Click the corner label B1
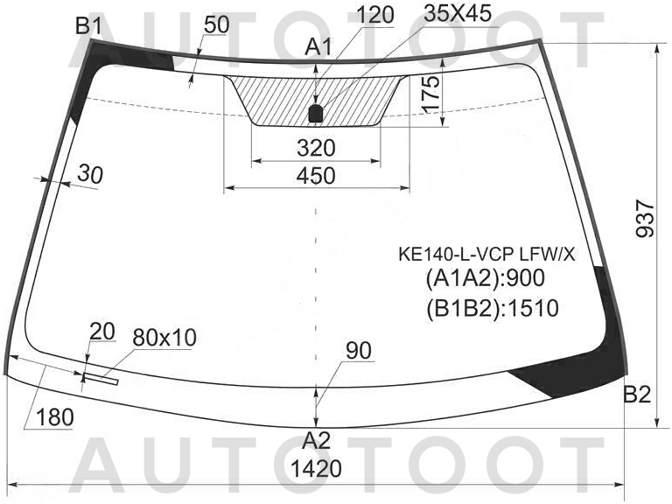point(88,26)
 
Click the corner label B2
point(637,395)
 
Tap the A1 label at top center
point(318,46)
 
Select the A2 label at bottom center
point(316,440)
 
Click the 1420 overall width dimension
point(316,468)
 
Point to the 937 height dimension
point(646,218)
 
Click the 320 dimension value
point(316,148)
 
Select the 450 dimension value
point(316,176)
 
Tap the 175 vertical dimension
point(430,94)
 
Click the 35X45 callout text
point(458,14)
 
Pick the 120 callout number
point(375,15)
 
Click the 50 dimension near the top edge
point(216,24)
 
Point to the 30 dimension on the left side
point(90,174)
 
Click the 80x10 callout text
point(164,338)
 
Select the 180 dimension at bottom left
point(55,417)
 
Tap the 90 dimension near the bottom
point(359,351)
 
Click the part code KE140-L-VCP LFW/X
point(486,255)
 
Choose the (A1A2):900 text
point(485,278)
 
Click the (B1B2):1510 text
point(493,308)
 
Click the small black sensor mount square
point(316,114)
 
